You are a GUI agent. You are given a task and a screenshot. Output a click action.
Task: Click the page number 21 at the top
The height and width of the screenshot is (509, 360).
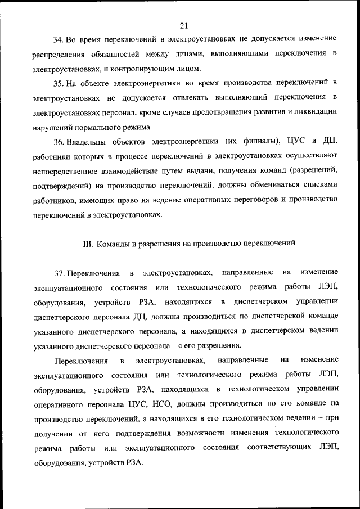[183, 25]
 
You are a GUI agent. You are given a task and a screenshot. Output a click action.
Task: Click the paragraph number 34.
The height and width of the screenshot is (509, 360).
[58, 39]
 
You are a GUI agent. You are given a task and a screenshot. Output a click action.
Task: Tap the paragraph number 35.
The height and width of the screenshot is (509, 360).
[58, 83]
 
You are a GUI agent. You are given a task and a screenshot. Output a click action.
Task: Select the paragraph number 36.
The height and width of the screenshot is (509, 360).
[58, 141]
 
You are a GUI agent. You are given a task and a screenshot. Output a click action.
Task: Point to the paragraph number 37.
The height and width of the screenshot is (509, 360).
[58, 273]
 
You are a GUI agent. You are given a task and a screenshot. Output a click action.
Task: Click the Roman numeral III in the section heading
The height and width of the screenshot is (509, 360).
[87, 244]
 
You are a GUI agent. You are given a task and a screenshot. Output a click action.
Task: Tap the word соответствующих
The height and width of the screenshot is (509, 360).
[282, 447]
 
